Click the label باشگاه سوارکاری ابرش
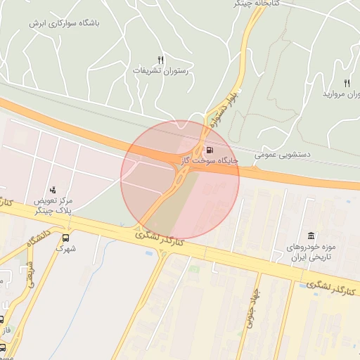click(65, 22)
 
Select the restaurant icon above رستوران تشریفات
click(160, 60)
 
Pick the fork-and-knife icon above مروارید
click(347, 83)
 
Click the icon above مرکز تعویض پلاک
click(53, 190)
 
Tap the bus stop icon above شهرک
click(67, 238)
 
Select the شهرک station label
click(66, 248)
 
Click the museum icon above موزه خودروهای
click(310, 236)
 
